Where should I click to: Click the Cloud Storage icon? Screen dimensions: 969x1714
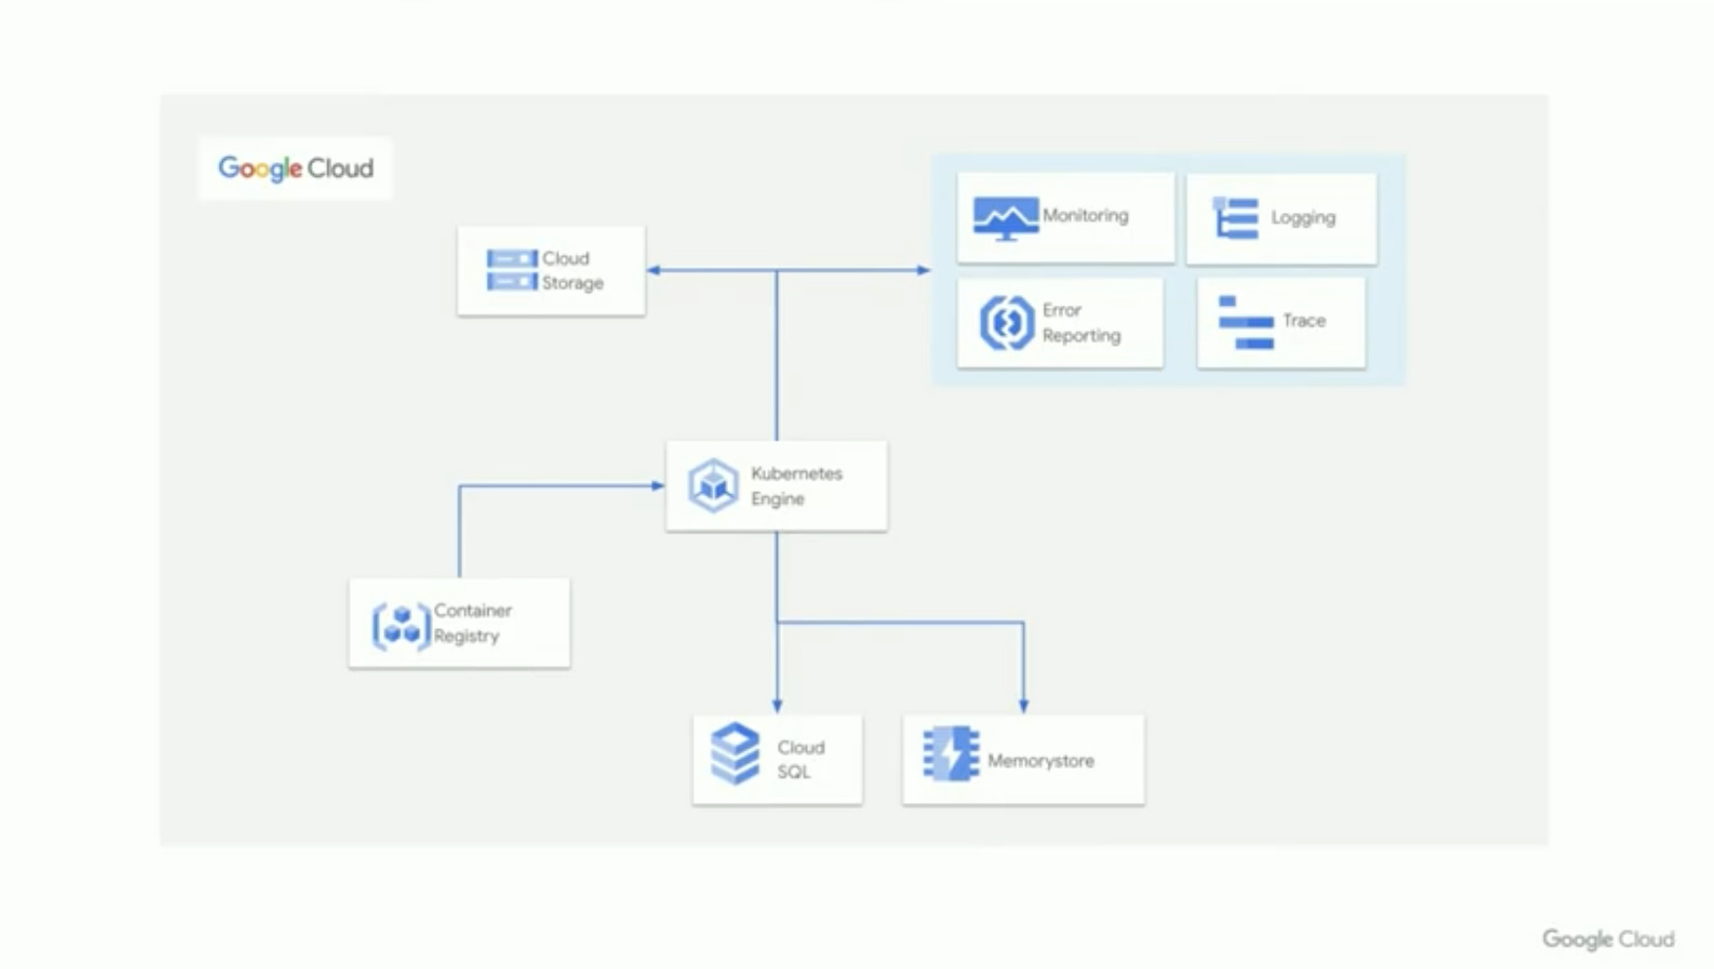click(x=512, y=271)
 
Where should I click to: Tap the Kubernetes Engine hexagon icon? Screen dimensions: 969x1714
click(x=712, y=485)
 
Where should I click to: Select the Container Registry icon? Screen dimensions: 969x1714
click(x=401, y=625)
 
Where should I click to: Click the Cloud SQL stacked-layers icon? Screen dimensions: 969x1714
click(x=735, y=753)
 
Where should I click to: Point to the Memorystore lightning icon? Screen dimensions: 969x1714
click(x=951, y=753)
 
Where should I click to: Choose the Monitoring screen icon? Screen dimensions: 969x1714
click(x=1006, y=218)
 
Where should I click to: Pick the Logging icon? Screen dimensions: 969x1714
click(x=1235, y=217)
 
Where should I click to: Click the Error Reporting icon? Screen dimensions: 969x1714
click(x=1007, y=322)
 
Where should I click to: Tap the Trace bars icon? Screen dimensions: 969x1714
click(x=1246, y=322)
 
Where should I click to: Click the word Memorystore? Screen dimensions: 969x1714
click(x=1041, y=761)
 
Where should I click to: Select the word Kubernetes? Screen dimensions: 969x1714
click(x=796, y=474)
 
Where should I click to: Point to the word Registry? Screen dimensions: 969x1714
click(x=466, y=636)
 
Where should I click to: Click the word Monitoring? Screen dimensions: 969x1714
click(x=1085, y=215)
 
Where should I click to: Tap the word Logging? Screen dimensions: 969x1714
click(x=1303, y=217)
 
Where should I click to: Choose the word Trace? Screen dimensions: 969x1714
click(x=1304, y=320)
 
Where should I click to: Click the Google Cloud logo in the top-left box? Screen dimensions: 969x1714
click(x=295, y=168)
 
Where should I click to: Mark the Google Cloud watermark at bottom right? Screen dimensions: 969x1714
click(x=1607, y=939)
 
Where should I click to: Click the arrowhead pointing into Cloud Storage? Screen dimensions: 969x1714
click(x=654, y=271)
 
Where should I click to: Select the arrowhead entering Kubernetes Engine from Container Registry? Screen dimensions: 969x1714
click(x=658, y=485)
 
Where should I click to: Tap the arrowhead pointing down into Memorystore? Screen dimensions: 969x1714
click(x=1023, y=705)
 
